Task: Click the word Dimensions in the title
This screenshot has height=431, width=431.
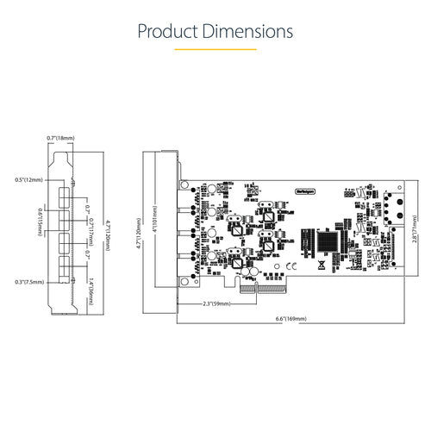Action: [247, 32]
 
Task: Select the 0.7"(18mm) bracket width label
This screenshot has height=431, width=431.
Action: [62, 137]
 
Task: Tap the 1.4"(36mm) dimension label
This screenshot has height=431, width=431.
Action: [91, 277]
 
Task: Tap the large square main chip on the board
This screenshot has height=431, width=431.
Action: [330, 240]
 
